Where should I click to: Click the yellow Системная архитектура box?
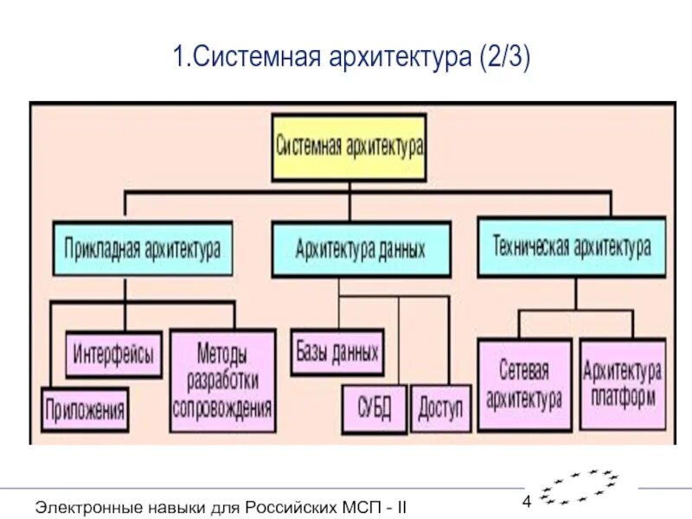coord(349,147)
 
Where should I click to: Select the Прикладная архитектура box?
coord(142,249)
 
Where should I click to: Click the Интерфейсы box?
coord(113,354)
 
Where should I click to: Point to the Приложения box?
coord(86,408)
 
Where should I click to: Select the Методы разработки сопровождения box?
coord(222,380)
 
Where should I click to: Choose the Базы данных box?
coord(336,353)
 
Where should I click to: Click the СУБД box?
coord(373,407)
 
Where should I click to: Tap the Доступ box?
coord(441,407)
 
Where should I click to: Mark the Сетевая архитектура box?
coord(524,384)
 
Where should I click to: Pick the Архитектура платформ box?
coord(622,384)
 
